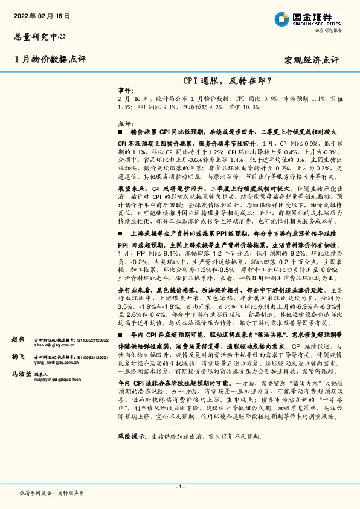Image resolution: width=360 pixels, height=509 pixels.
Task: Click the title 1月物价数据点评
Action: click(50, 59)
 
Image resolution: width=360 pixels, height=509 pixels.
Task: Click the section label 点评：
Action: click(126, 123)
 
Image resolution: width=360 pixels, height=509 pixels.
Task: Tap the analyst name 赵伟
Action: click(18, 340)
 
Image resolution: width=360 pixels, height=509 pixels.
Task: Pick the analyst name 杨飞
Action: click(18, 357)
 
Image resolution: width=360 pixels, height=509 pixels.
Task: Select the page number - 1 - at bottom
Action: click(179, 487)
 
